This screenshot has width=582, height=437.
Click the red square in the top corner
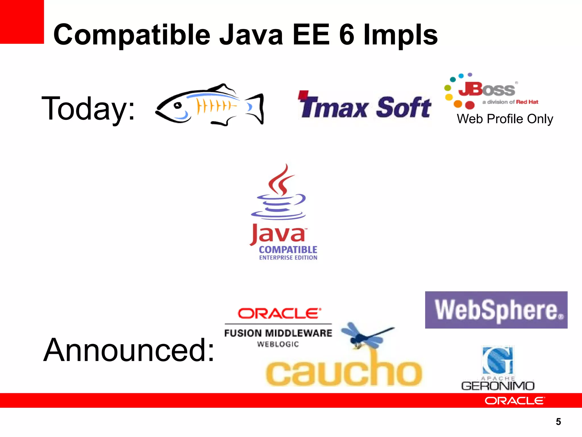[x=22, y=22]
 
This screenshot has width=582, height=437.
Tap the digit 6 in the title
[x=347, y=35]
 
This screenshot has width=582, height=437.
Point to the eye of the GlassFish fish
[x=178, y=106]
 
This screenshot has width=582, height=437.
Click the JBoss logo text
[x=487, y=89]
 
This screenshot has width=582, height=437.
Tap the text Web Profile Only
[x=505, y=119]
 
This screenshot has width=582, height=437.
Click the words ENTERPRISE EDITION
[x=288, y=258]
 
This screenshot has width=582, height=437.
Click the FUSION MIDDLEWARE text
[x=278, y=333]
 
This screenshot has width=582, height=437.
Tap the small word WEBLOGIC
[x=278, y=345]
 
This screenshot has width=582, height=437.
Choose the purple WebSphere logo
[x=496, y=310]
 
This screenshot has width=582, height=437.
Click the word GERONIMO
[x=498, y=386]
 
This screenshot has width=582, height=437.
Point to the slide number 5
[x=558, y=422]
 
